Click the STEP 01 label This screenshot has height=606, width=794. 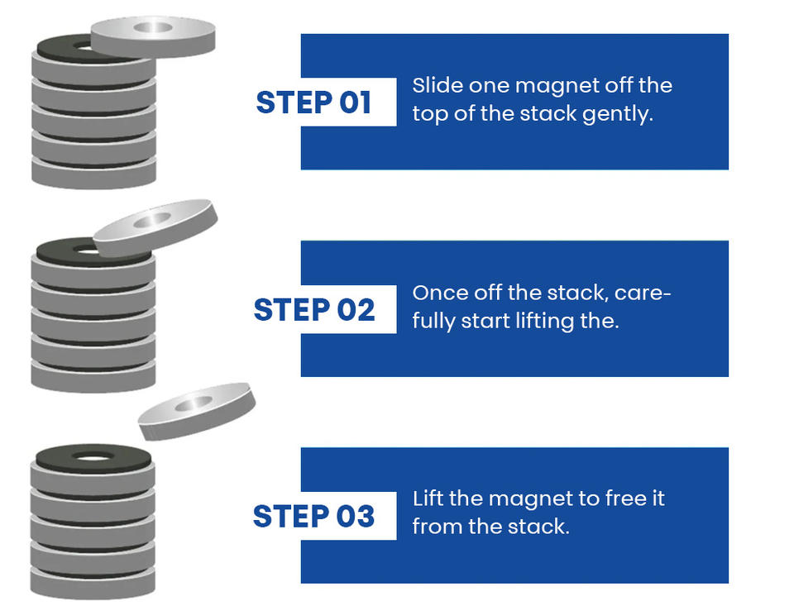coord(313,103)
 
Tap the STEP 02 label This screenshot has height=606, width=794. coord(313,309)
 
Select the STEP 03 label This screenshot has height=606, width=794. coord(313,516)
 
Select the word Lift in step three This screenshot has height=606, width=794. coord(427,499)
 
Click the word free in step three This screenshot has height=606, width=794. coord(616,499)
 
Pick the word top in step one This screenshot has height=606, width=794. coord(429,114)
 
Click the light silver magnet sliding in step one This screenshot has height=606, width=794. coord(154,36)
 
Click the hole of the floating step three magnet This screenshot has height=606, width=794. coord(194,403)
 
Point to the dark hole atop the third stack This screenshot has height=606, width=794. coord(93,456)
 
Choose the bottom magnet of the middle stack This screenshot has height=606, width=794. coord(93,375)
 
